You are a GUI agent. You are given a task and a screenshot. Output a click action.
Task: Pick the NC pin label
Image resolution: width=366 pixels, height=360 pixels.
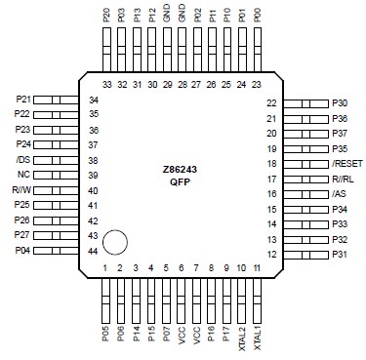coord(22,175)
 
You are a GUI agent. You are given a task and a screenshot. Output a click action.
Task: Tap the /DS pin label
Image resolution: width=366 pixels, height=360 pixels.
coord(22,160)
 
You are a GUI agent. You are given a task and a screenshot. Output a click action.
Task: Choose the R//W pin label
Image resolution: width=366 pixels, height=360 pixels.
coord(21,190)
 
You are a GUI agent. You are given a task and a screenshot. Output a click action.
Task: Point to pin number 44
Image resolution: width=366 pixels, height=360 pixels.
coord(94,252)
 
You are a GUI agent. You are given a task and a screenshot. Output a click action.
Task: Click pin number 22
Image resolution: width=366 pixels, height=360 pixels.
coord(271,103)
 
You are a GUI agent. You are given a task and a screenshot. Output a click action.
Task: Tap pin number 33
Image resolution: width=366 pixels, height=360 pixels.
coord(106,85)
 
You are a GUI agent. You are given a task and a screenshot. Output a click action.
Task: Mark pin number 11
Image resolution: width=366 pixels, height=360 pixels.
coord(256,267)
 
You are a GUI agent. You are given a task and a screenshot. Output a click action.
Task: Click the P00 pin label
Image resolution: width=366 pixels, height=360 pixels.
coord(257,16)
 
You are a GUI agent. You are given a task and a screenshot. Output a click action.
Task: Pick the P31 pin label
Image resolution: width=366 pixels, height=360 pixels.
coord(340,255)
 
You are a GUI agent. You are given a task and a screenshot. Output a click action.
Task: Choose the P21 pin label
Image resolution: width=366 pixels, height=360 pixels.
coord(23,100)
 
